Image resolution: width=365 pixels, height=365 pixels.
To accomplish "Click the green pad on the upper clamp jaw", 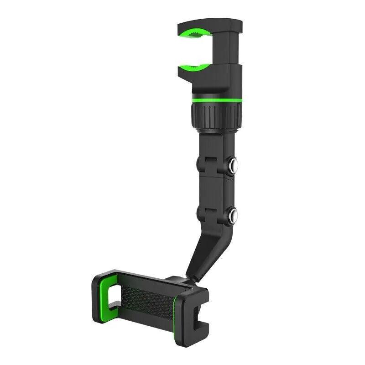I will click(x=195, y=33).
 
